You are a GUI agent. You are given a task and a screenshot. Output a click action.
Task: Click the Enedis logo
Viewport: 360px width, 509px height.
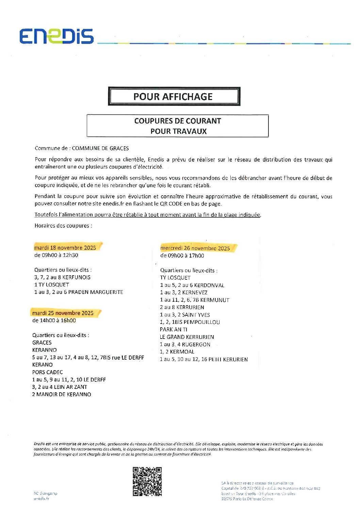click(x=56, y=36)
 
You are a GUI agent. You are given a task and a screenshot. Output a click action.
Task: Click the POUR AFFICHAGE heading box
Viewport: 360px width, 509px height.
click(x=174, y=97)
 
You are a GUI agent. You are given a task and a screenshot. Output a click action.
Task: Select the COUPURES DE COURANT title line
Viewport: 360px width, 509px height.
click(x=177, y=121)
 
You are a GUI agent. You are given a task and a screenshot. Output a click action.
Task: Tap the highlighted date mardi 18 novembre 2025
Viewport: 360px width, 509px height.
click(x=65, y=247)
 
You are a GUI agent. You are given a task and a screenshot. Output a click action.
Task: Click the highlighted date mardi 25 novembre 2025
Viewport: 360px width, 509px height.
click(x=63, y=313)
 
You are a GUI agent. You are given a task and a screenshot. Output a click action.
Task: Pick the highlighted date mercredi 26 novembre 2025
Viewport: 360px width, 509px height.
click(x=195, y=248)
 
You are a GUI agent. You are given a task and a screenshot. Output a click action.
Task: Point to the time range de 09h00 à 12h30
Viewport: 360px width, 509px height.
click(x=56, y=255)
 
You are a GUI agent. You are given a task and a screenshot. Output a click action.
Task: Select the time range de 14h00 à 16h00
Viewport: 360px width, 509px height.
click(x=54, y=321)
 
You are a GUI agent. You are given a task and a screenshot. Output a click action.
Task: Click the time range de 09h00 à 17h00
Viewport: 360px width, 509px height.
click(x=182, y=256)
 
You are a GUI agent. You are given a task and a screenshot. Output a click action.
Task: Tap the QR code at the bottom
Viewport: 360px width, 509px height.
click(x=147, y=481)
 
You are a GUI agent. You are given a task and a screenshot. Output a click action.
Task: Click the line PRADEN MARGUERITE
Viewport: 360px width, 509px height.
click(x=79, y=292)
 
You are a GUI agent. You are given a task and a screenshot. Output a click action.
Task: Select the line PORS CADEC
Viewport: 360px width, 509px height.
click(x=48, y=372)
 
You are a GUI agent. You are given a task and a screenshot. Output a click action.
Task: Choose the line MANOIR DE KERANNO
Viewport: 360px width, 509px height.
click(x=62, y=394)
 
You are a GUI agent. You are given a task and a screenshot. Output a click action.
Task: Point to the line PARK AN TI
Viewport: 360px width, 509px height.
click(x=174, y=329)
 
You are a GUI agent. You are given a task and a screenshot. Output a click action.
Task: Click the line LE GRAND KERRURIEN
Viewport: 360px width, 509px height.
click(x=187, y=337)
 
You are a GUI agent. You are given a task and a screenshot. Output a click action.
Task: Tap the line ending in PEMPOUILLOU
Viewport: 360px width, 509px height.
click(x=190, y=322)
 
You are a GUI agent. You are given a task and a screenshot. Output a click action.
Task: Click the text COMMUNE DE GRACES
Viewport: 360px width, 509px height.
click(x=100, y=148)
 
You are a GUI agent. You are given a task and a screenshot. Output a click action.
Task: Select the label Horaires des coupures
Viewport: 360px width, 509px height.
click(x=63, y=226)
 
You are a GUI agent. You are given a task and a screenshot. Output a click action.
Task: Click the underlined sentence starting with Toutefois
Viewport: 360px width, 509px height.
click(x=148, y=215)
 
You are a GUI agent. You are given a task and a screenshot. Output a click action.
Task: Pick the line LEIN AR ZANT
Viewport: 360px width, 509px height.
click(x=60, y=387)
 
